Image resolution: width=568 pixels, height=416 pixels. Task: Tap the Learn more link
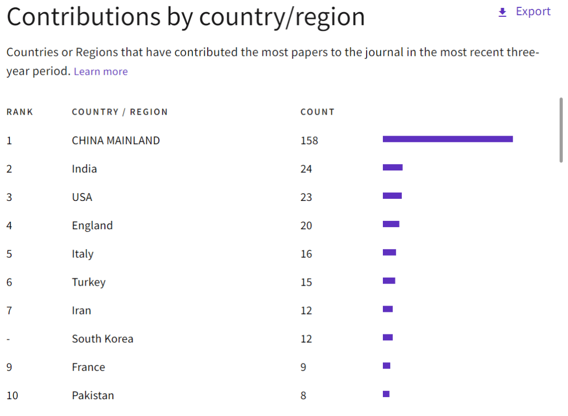tap(100, 72)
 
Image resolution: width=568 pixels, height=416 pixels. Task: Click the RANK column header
tap(19, 112)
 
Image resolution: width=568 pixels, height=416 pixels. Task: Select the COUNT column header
tap(317, 112)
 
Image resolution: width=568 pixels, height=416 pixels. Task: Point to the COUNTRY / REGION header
tap(119, 112)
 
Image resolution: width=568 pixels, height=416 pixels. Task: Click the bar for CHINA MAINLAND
tap(448, 139)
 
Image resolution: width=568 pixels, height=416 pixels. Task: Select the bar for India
tap(392, 167)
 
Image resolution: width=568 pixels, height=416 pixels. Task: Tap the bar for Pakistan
tap(386, 394)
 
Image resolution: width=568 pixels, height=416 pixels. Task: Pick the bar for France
tap(387, 366)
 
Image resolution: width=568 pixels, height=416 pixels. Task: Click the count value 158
tap(309, 141)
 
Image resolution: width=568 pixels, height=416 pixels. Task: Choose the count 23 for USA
tap(306, 198)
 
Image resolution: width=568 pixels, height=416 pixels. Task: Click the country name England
tap(92, 226)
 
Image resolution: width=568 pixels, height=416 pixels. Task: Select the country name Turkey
tap(88, 282)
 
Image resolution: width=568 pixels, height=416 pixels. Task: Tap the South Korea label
tap(103, 339)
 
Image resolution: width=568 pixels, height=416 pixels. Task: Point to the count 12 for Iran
tap(306, 311)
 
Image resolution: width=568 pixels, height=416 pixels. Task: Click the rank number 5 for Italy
tap(9, 254)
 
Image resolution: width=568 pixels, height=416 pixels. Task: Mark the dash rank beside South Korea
tap(8, 339)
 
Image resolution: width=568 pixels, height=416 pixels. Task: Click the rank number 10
tap(12, 396)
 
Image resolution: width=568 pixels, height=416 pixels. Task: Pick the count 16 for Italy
tap(306, 255)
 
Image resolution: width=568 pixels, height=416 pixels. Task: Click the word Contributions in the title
tap(83, 17)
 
